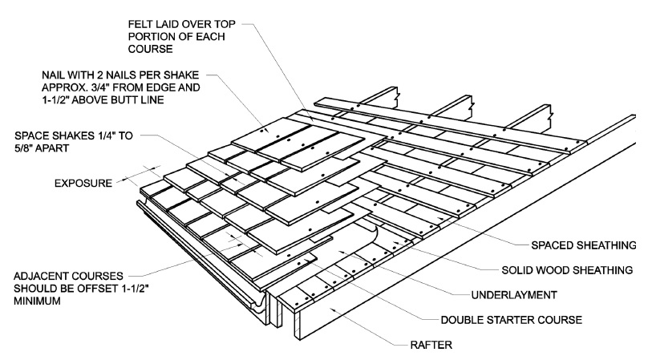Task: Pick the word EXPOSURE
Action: (83, 184)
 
